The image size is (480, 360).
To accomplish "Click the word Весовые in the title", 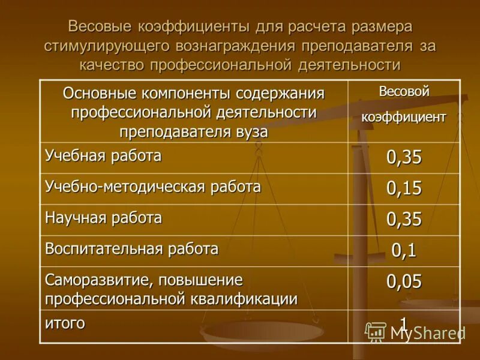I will tap(101, 27).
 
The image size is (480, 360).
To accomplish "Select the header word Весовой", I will tap(404, 92).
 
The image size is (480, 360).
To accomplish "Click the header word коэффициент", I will tap(403, 117).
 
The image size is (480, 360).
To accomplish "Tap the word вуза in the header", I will tap(252, 131).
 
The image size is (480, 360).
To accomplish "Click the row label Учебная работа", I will tap(103, 157).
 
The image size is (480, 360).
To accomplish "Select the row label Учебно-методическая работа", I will tap(153, 187).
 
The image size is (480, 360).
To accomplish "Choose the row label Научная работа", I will tap(103, 218).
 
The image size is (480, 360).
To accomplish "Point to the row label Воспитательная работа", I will tap(131, 249).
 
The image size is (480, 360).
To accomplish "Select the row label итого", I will tap(65, 323).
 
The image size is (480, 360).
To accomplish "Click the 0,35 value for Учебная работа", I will tap(404, 158).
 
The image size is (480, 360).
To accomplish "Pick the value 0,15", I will tap(404, 188).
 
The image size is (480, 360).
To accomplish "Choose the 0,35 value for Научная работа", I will tap(404, 220).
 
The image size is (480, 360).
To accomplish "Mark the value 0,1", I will tap(404, 250).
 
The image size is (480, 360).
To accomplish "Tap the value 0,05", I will tap(404, 281).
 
